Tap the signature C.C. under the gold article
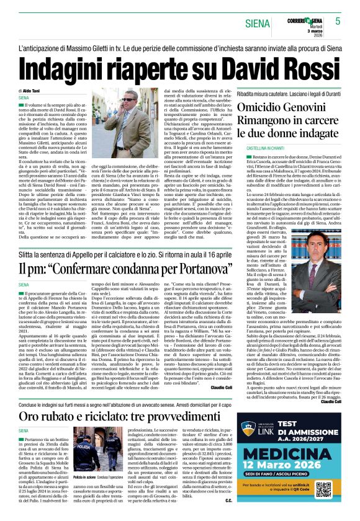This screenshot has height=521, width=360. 228,501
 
